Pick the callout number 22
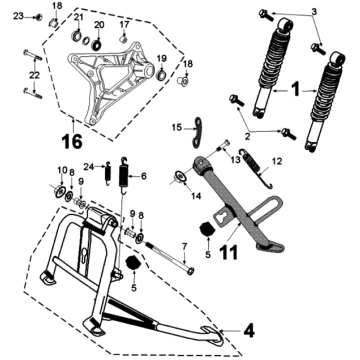tap(34, 75)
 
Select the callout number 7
tap(183, 244)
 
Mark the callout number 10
tap(60, 170)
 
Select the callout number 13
tap(237, 158)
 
